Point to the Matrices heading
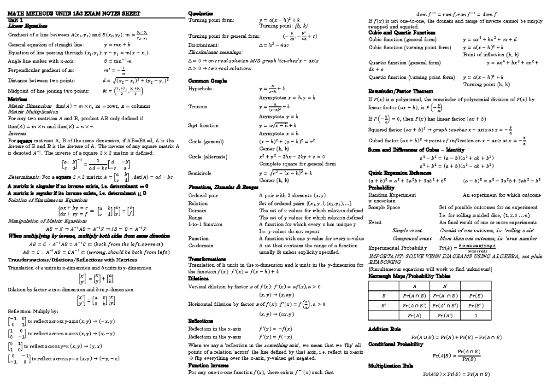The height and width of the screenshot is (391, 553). tap(18, 99)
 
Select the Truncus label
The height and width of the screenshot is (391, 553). tap(198, 106)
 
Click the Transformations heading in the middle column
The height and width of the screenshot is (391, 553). tap(208, 259)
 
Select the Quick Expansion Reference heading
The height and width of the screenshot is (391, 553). tap(400, 173)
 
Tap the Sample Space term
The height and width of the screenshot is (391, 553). tap(384, 208)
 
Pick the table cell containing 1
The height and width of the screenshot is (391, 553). tap(475, 315)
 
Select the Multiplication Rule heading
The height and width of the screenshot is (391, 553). tap(391, 366)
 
